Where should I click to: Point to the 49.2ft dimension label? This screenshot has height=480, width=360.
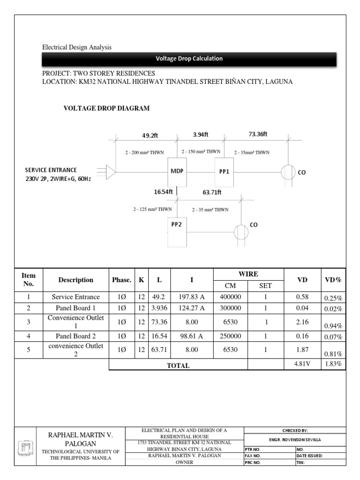pos(150,135)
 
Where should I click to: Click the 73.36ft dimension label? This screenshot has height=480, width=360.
pos(258,135)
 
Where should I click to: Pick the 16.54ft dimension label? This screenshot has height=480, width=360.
pos(164,192)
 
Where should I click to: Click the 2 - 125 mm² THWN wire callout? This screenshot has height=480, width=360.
pos(152,210)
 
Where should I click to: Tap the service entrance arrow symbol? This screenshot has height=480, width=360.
pos(110,172)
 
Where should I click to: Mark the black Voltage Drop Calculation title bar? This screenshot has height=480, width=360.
pos(189,59)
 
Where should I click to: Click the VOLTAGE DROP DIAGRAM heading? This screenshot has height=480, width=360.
pos(106,108)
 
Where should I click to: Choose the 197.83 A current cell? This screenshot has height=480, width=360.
pos(192,297)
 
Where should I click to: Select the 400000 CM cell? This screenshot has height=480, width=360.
pos(230,297)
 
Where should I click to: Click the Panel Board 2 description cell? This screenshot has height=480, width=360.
pos(76,336)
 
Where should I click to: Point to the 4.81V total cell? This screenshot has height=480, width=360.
pos(302,364)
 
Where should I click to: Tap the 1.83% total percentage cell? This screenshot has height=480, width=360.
pos(333,364)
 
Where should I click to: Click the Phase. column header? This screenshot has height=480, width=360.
pos(122,280)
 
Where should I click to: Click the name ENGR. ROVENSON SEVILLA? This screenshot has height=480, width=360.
pos(295,440)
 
